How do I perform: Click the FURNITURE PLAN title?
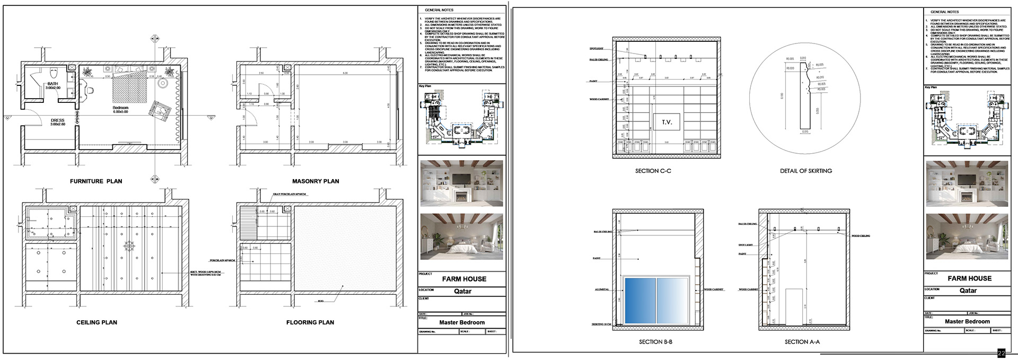click(96, 181)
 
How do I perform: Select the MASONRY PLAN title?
click(315, 181)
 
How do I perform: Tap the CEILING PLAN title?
click(96, 322)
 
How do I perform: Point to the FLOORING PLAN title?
click(310, 322)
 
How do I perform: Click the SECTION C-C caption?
click(653, 171)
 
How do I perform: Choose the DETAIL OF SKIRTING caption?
click(805, 171)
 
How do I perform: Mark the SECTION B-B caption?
click(655, 342)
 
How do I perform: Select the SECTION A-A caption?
click(802, 342)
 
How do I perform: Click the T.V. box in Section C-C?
click(666, 122)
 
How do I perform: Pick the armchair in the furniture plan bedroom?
click(160, 110)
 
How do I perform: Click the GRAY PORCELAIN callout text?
click(290, 195)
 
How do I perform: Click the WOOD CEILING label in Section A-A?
click(861, 236)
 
